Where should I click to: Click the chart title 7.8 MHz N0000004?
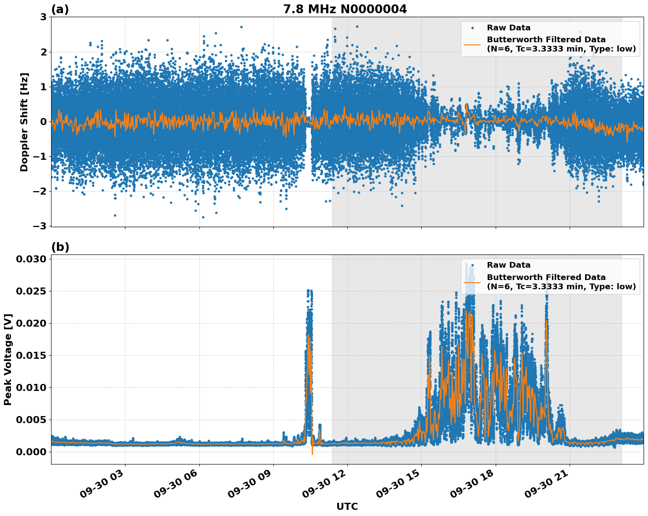tap(345, 9)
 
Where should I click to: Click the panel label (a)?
tap(60, 9)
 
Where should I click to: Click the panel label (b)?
tap(60, 247)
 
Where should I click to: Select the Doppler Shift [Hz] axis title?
tap(24, 122)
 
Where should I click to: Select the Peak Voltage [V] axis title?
tap(8, 359)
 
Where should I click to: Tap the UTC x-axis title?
tap(347, 506)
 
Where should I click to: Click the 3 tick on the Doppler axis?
tap(43, 17)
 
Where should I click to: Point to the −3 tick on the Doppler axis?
tap(40, 226)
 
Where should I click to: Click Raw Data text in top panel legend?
tap(508, 28)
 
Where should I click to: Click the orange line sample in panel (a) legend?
tap(472, 44)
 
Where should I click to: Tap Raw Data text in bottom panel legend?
tap(508, 265)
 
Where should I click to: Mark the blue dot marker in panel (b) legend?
tap(472, 265)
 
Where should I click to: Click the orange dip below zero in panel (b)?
tap(312, 453)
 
